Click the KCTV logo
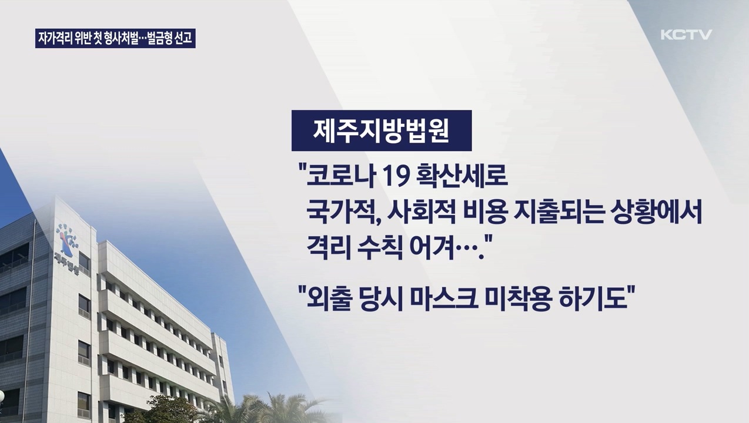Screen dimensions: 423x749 point(686,35)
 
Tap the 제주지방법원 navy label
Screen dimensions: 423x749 point(382,130)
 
